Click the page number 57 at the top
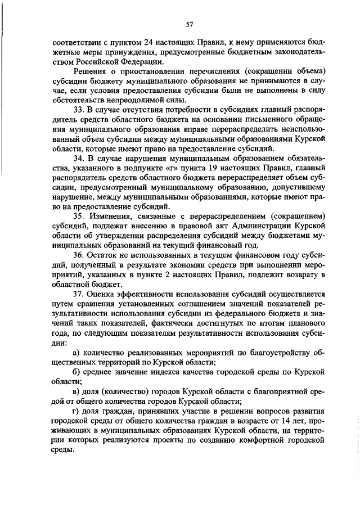(189, 24)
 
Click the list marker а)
(77, 352)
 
